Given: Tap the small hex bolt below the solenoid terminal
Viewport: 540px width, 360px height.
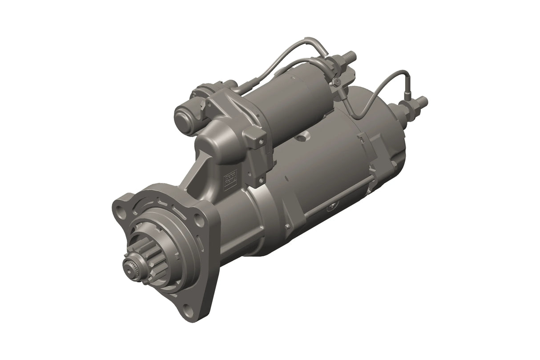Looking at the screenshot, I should coord(337,82).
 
